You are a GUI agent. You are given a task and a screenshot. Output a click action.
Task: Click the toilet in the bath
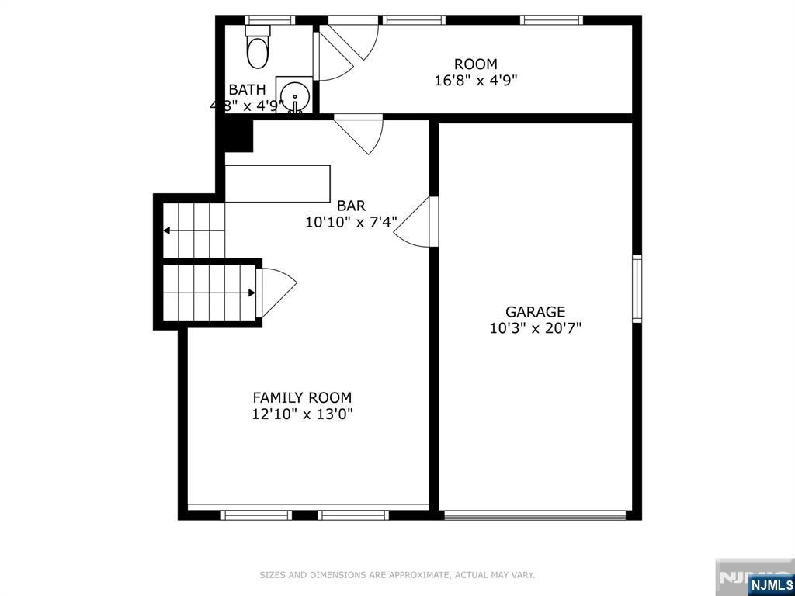[257, 47]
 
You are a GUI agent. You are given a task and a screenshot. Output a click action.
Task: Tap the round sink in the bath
[294, 97]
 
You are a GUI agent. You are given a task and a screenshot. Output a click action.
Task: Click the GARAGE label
[535, 312]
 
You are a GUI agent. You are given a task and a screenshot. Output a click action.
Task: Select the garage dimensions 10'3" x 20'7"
[535, 328]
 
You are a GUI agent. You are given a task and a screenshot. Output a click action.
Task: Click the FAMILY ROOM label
[302, 397]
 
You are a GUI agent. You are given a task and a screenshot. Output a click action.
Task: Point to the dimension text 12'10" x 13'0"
[302, 414]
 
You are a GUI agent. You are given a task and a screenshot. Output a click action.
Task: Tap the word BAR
[351, 206]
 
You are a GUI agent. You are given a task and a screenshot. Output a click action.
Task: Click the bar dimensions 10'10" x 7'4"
[351, 222]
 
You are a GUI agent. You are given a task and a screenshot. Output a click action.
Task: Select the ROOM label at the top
[475, 64]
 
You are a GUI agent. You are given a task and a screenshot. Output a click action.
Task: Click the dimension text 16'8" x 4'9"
[475, 80]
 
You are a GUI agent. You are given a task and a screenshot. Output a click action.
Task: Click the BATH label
[247, 90]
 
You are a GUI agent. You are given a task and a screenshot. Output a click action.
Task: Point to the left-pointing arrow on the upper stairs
[168, 230]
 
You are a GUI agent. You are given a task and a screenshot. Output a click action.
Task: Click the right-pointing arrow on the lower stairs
[251, 293]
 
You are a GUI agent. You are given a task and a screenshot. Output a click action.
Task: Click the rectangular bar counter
[277, 184]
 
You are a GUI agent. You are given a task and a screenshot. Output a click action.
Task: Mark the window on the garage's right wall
[637, 289]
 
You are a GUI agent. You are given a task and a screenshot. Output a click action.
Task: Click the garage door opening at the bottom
[535, 514]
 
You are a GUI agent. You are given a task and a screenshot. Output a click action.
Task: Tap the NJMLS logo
[770, 584]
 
